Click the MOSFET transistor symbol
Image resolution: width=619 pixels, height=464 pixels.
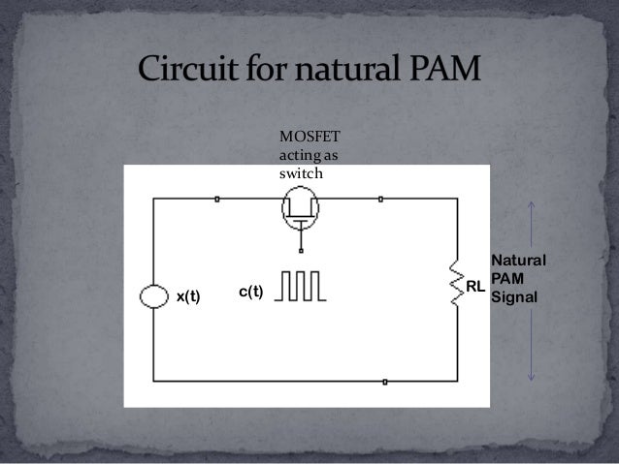click(301, 206)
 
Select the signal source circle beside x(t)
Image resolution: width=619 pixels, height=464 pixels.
click(153, 295)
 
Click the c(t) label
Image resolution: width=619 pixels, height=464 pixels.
click(251, 292)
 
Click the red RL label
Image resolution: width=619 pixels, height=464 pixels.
click(474, 288)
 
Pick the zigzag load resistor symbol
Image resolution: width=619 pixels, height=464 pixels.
click(455, 282)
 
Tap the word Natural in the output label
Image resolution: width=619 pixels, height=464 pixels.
click(519, 261)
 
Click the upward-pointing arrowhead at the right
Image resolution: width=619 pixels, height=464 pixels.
click(532, 205)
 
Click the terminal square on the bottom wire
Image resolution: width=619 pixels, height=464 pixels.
click(386, 382)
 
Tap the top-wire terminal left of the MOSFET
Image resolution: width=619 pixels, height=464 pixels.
click(216, 200)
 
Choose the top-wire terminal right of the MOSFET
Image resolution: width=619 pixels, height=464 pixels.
click(381, 200)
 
